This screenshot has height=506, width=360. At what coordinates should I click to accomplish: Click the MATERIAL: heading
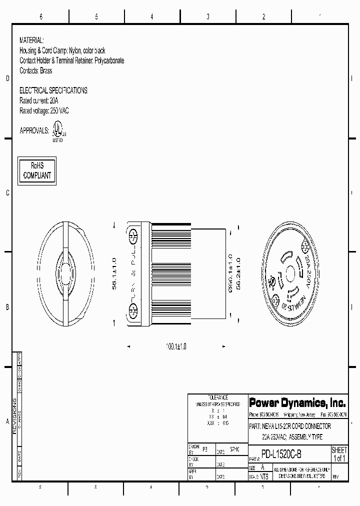(31, 40)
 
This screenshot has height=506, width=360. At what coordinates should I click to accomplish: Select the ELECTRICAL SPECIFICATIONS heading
(53, 90)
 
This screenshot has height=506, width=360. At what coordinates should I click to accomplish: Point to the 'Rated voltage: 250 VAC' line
(44, 110)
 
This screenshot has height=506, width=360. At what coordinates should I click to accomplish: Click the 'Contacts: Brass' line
(35, 71)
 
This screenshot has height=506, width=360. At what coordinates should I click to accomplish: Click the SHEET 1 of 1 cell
(339, 454)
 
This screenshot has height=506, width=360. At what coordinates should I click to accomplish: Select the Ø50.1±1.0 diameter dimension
(229, 274)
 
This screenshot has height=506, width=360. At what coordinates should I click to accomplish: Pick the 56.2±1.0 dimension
(238, 274)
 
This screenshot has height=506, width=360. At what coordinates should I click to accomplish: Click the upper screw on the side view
(133, 235)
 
